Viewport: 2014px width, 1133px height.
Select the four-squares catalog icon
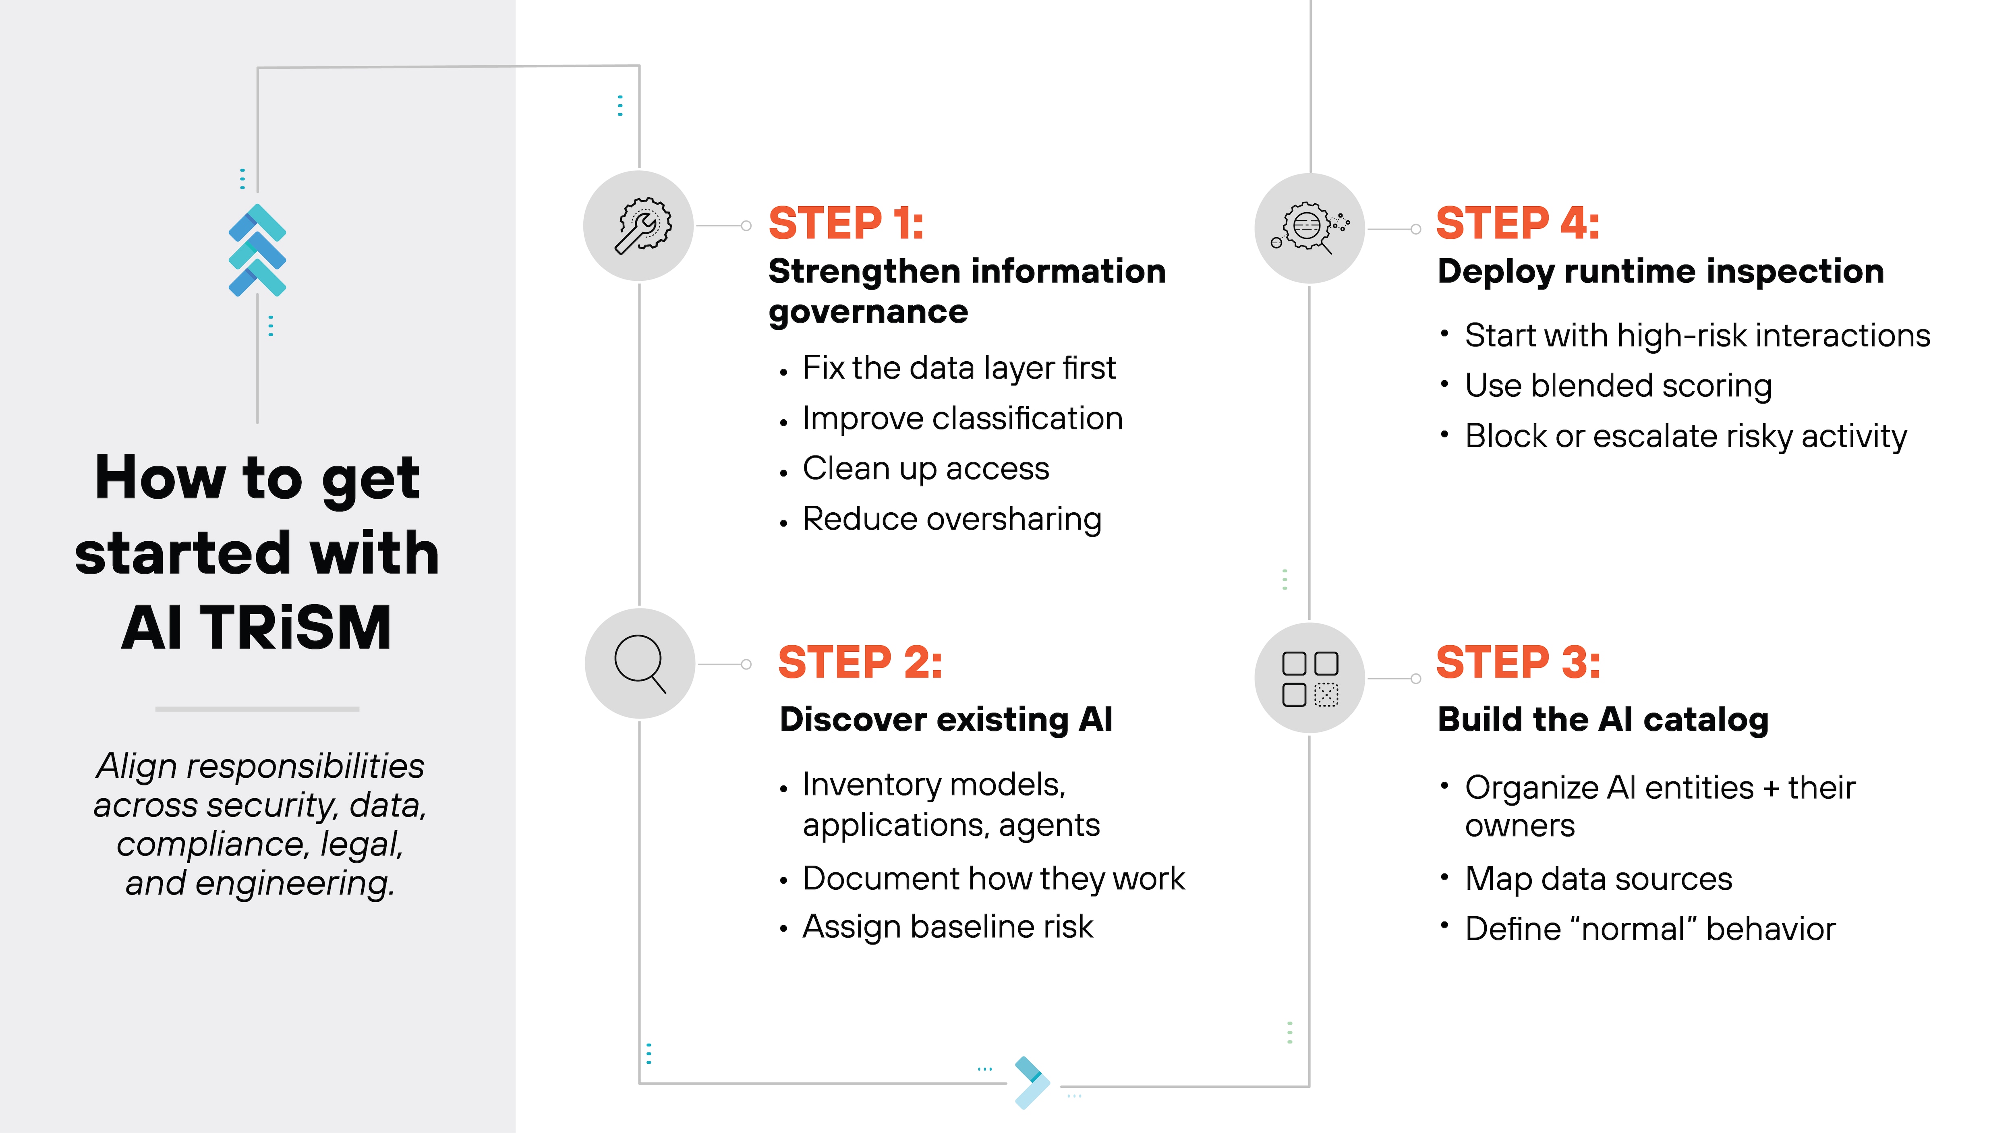(x=1310, y=678)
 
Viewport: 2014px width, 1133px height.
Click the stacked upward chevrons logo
(x=257, y=250)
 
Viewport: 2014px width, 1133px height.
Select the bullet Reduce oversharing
(x=951, y=519)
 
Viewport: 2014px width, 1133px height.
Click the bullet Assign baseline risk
(x=947, y=926)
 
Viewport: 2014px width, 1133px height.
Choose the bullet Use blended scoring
(x=1618, y=385)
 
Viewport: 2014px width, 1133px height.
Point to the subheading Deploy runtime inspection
(x=1661, y=271)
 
